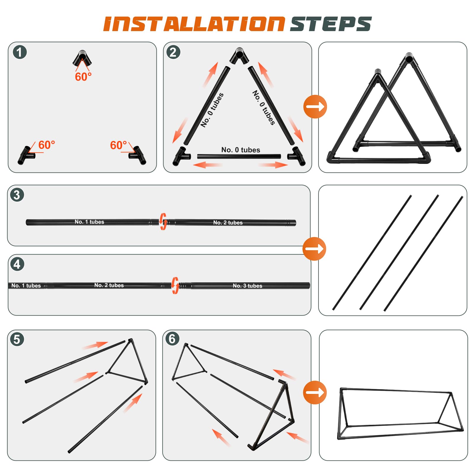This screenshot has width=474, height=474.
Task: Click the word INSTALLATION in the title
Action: (x=194, y=24)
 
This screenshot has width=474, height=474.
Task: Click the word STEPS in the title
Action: (x=331, y=24)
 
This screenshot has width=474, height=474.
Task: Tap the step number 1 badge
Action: (x=20, y=52)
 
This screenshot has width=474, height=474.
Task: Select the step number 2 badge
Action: (x=173, y=52)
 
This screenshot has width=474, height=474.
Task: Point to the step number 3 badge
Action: (x=17, y=195)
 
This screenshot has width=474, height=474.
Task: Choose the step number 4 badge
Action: (x=17, y=264)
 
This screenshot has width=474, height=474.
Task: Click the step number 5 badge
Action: (x=17, y=339)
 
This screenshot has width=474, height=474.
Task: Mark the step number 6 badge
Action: (x=172, y=339)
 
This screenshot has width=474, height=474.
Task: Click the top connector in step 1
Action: (x=82, y=58)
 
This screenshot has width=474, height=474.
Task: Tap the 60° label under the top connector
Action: (x=83, y=77)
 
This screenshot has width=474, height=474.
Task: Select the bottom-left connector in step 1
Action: (x=26, y=155)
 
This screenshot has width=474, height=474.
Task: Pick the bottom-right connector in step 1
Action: (x=138, y=155)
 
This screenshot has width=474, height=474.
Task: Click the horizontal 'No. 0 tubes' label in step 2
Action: (x=241, y=150)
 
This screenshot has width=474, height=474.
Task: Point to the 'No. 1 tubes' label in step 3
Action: (x=89, y=222)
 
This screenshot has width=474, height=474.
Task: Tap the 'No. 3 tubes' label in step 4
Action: (x=247, y=286)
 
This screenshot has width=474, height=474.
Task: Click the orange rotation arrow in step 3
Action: (x=163, y=222)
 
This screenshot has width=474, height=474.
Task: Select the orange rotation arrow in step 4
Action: (x=175, y=286)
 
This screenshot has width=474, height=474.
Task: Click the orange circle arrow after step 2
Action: (x=315, y=107)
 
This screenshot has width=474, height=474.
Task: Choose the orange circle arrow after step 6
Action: (x=315, y=393)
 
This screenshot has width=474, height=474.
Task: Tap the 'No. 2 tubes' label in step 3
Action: (x=228, y=222)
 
